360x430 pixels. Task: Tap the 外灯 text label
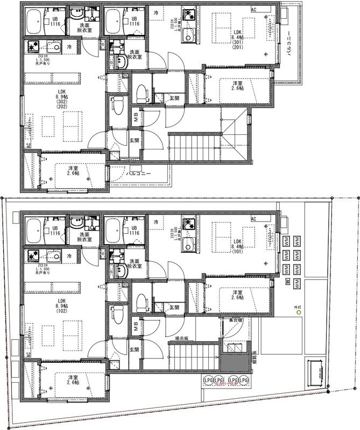click(298, 311)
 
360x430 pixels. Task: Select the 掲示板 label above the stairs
click(181, 339)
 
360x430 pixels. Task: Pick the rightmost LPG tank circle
click(245, 380)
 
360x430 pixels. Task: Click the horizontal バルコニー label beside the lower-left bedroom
click(138, 174)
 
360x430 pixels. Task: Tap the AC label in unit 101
click(254, 219)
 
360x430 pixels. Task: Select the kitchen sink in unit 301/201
click(188, 37)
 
